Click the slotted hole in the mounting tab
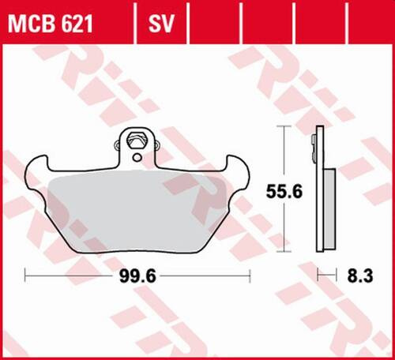tap(136, 142)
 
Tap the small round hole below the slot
tap(136, 158)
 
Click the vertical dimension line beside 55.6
tap(283, 158)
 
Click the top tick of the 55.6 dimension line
tap(283, 126)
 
